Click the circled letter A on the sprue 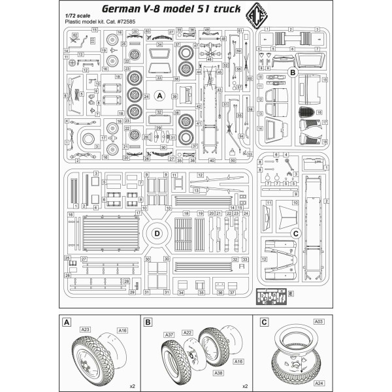pos(157,95)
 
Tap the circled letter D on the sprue pos(157,233)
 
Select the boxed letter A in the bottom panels pos(65,322)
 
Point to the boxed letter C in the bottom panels pos(263,322)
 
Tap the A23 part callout pos(86,330)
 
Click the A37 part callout pos(169,335)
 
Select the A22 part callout pos(187,333)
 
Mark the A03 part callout pos(318,322)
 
